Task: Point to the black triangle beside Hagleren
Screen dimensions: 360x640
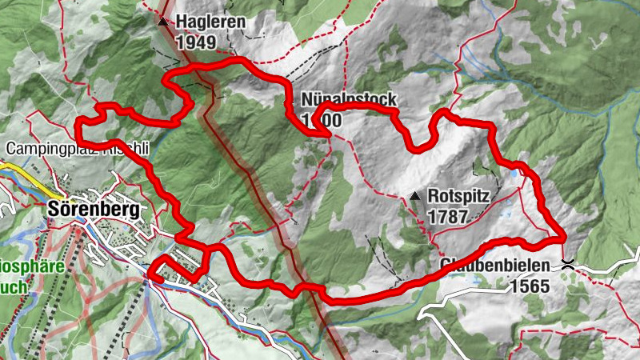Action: (163, 22)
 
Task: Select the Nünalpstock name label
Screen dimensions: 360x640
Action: (349, 101)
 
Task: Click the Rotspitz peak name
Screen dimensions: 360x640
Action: (456, 195)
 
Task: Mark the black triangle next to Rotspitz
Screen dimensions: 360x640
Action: (414, 196)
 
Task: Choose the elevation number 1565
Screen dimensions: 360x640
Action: (528, 286)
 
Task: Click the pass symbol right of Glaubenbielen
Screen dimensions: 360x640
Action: (568, 262)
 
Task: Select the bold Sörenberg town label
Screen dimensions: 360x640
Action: (94, 210)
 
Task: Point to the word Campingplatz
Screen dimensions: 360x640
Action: (43, 149)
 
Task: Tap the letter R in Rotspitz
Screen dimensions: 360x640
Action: (433, 195)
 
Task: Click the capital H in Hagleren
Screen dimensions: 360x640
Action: (182, 22)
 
